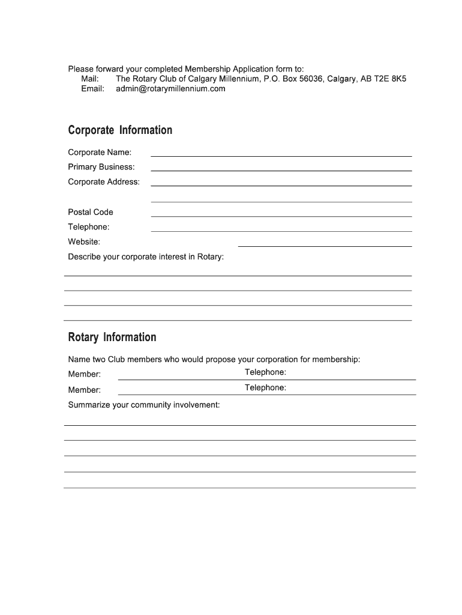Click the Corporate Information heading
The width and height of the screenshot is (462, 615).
[120, 130]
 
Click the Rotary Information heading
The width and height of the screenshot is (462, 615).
[112, 337]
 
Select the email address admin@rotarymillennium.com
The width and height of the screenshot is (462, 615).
[170, 89]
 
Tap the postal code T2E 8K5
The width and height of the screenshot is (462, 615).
[391, 79]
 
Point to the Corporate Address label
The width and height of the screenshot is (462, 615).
[104, 182]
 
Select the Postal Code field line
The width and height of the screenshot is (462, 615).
[281, 216]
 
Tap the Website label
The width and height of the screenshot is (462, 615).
[84, 242]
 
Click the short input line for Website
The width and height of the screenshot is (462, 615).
[325, 246]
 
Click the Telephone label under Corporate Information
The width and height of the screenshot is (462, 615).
[89, 227]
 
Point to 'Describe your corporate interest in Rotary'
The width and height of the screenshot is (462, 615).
[146, 257]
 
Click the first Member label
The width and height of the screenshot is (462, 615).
[85, 375]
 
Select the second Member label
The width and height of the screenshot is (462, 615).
[85, 390]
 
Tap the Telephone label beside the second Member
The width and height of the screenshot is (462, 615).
[265, 388]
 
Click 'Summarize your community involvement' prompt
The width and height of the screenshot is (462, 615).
[144, 405]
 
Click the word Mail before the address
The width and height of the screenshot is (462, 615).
[90, 79]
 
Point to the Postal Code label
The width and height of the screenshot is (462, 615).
[91, 212]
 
